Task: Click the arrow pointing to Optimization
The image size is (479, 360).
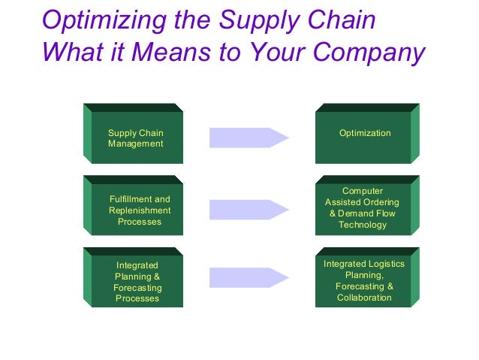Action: [x=249, y=138]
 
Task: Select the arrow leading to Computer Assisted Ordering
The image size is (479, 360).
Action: [x=249, y=210]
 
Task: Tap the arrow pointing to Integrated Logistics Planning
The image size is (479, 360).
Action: [x=249, y=277]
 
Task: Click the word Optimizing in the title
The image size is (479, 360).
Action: [x=95, y=20]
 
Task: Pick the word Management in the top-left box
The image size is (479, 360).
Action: [x=135, y=144]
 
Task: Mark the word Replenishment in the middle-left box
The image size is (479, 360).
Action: [x=140, y=210]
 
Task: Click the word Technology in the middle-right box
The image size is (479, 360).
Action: [x=363, y=225]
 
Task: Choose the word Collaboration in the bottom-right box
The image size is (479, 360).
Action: [x=364, y=298]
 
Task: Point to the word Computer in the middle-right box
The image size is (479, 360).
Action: [x=363, y=191]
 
